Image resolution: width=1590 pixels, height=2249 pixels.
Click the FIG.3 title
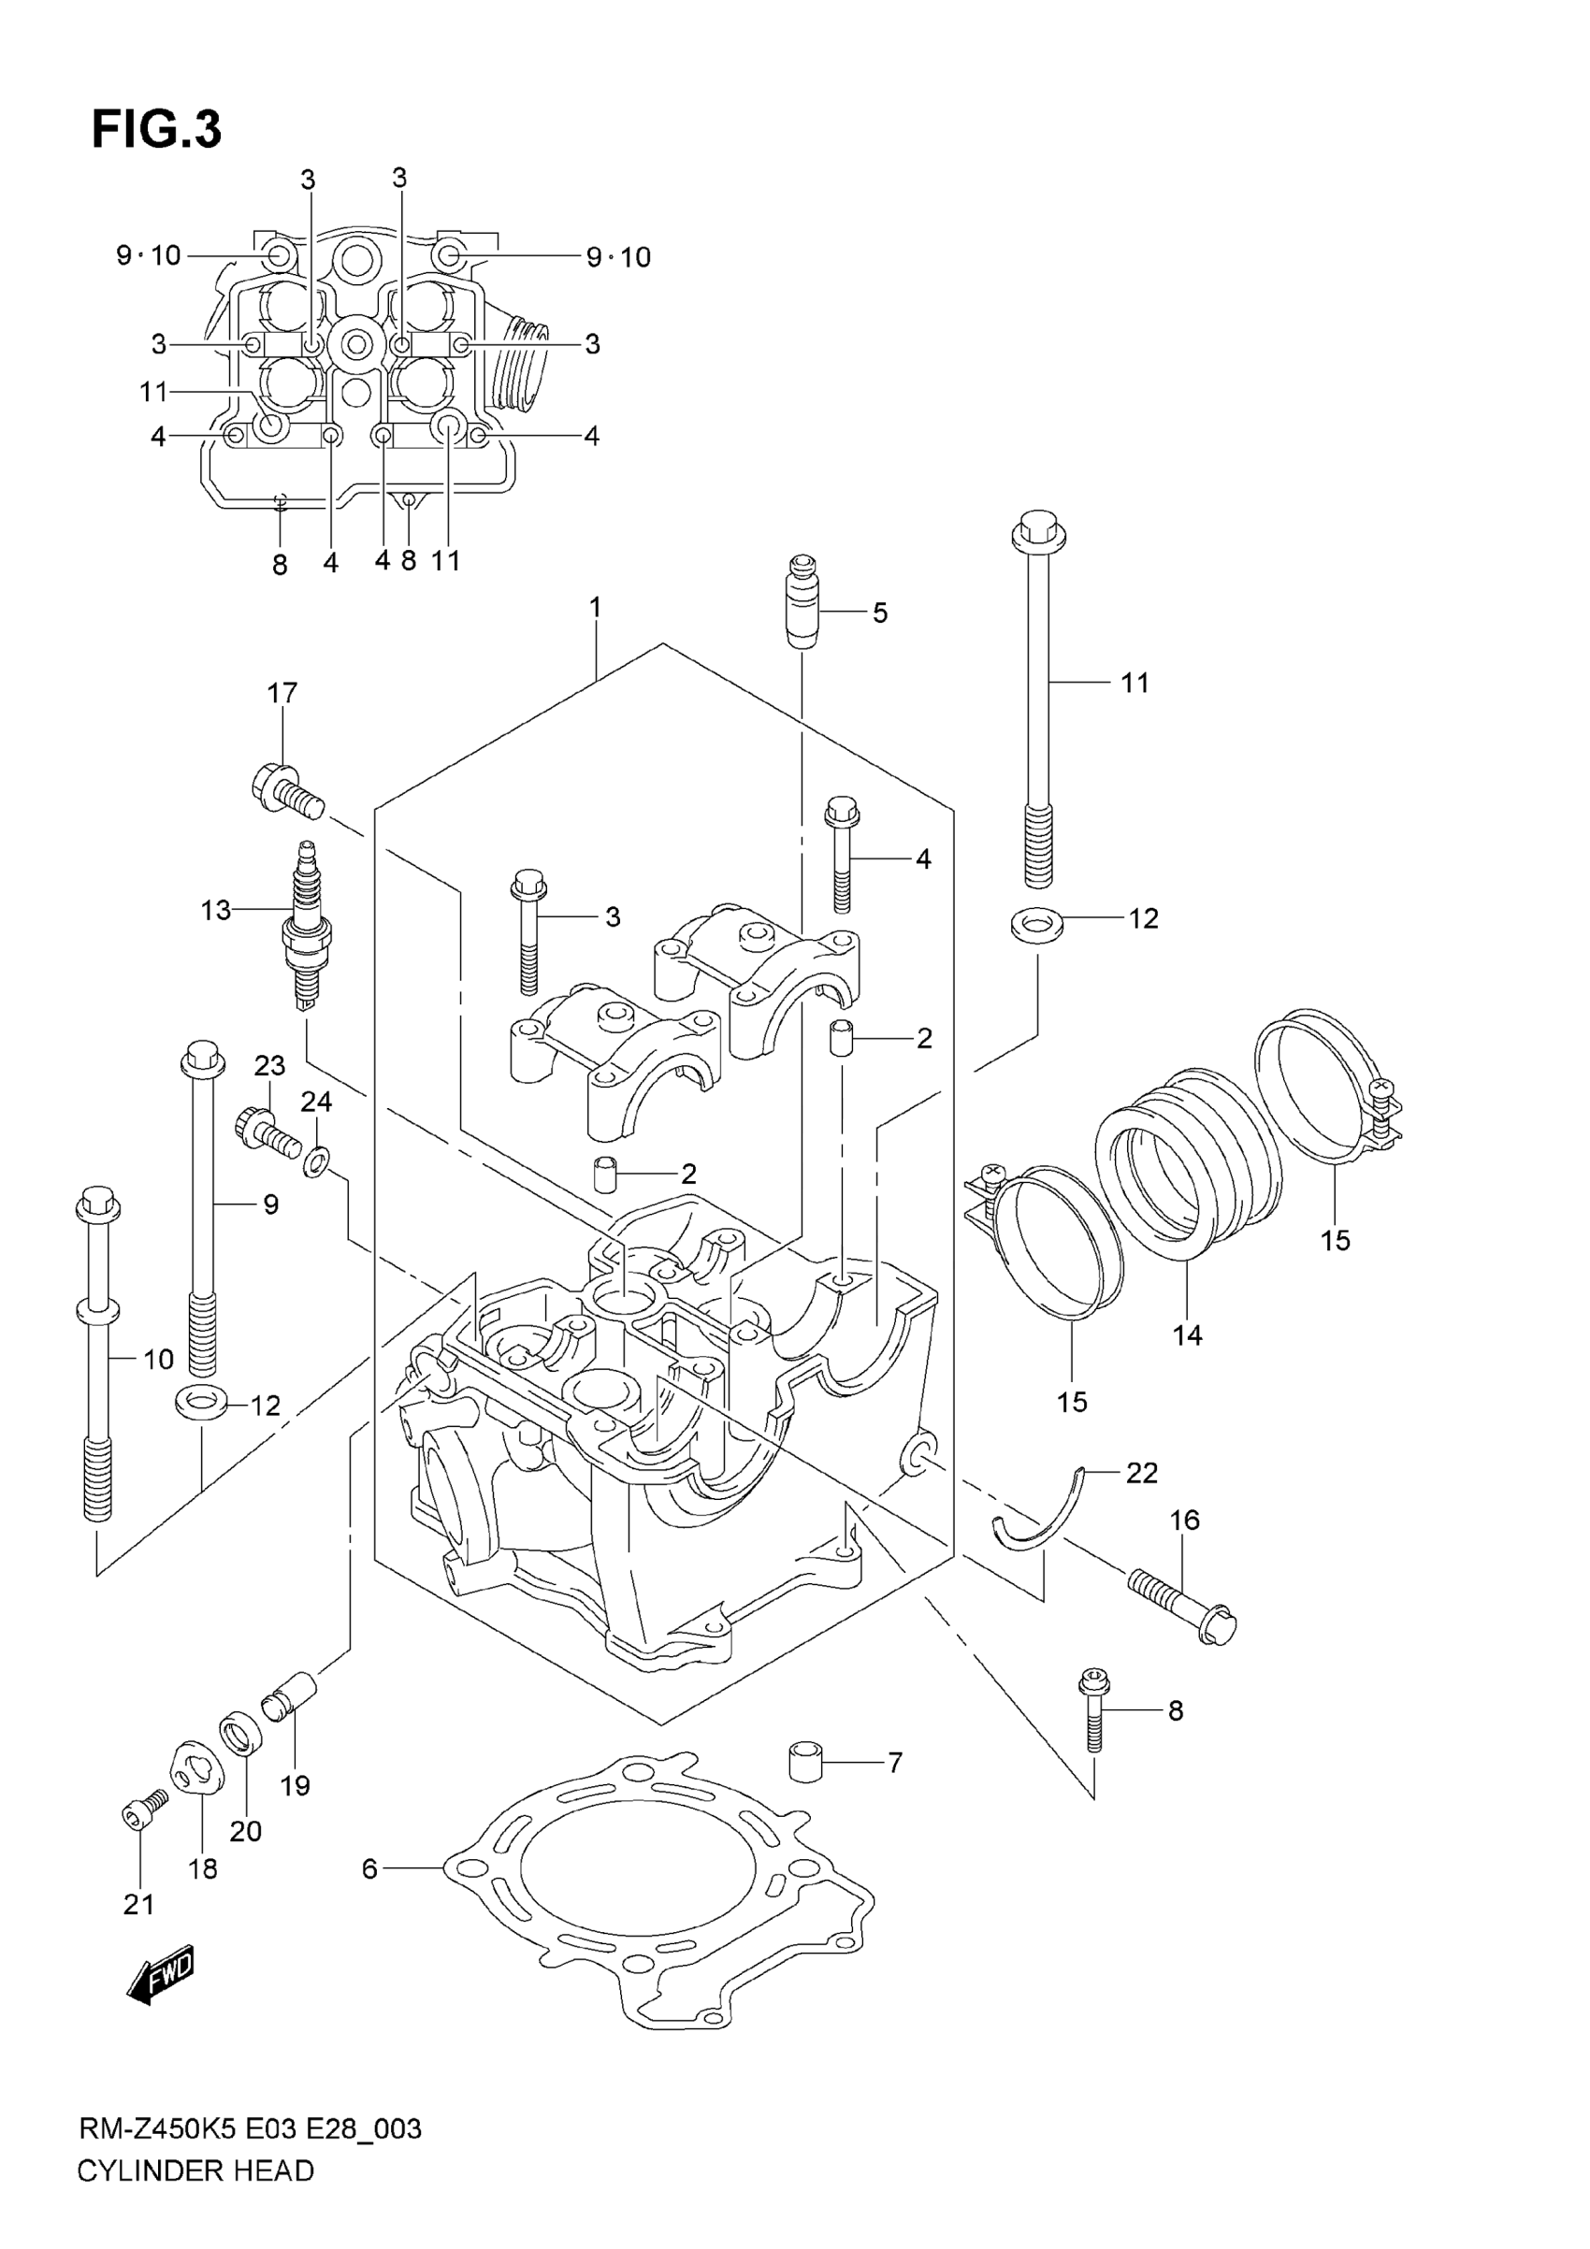coord(157,129)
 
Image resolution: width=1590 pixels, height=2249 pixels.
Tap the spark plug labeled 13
coord(307,926)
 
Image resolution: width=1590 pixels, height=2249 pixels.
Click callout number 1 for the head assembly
coord(595,607)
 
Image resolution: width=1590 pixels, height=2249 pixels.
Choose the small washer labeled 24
coord(316,1162)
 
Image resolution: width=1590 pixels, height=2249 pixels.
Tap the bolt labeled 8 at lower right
coord(1093,1710)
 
